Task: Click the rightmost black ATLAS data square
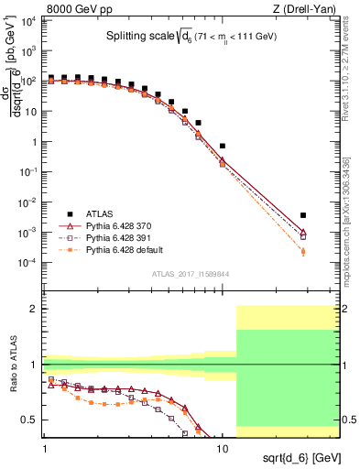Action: pyautogui.click(x=303, y=215)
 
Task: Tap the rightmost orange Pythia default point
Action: pyautogui.click(x=303, y=251)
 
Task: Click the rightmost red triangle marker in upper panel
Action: pyautogui.click(x=303, y=232)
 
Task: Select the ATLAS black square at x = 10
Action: pyautogui.click(x=223, y=146)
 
